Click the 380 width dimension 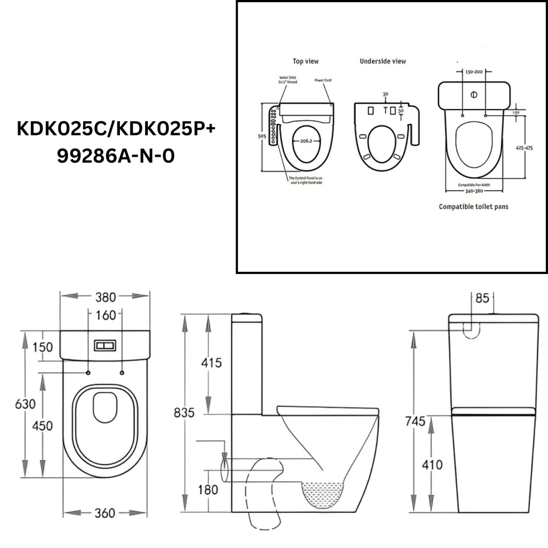(x=105, y=297)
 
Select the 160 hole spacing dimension (x=105, y=315)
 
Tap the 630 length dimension (x=25, y=404)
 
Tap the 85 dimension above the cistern (x=482, y=299)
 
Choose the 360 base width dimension (x=104, y=513)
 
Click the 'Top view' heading (x=305, y=61)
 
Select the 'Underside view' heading (x=383, y=61)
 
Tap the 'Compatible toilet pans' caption (x=473, y=207)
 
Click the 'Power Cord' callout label (x=323, y=80)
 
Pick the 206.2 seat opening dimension (x=302, y=140)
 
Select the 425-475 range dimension (x=524, y=151)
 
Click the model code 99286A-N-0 (x=116, y=156)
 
